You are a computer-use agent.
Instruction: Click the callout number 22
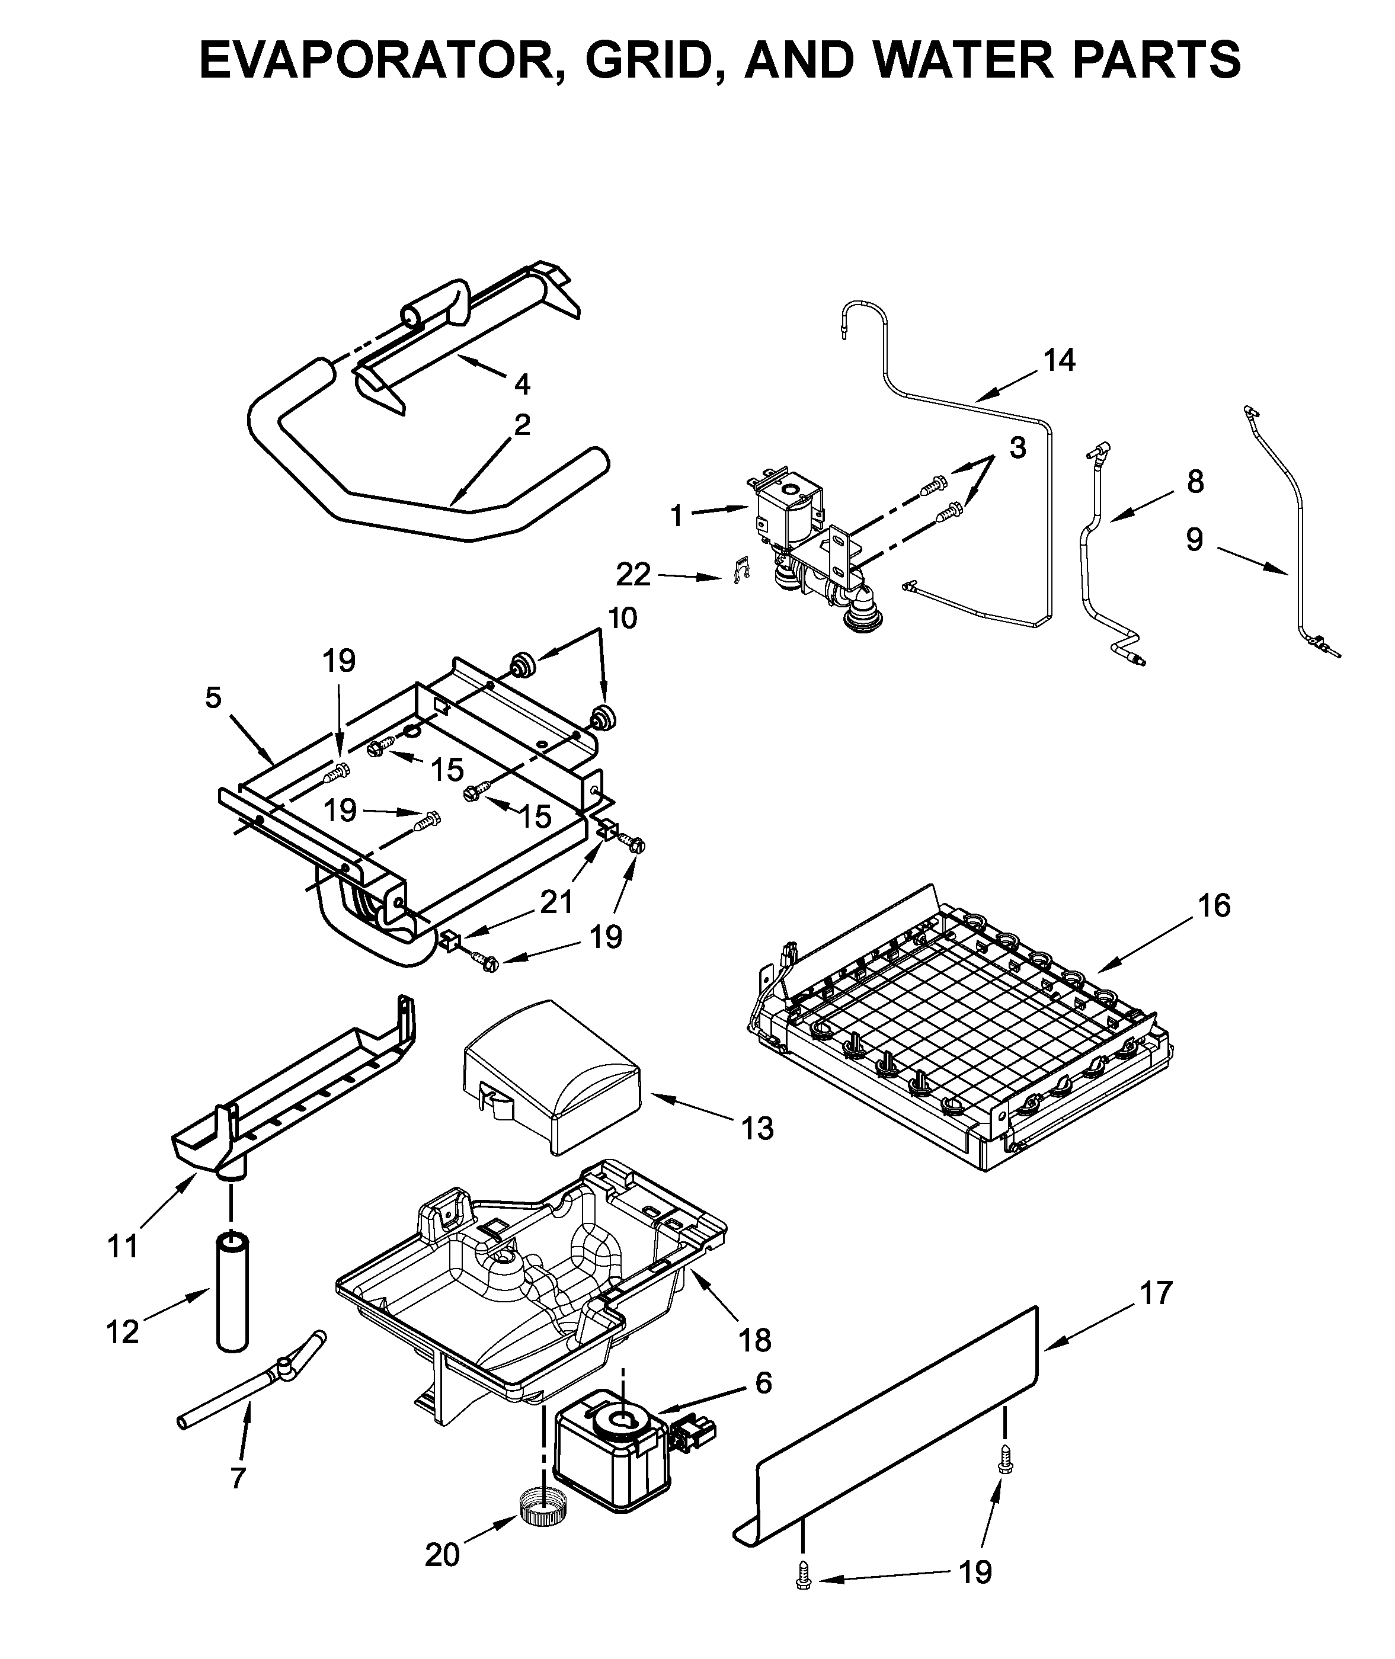click(633, 575)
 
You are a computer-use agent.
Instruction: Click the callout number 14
click(1059, 361)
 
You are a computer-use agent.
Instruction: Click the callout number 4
click(522, 385)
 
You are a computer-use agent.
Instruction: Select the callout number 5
click(213, 698)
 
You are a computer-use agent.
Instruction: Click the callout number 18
click(755, 1340)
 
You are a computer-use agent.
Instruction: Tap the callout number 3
click(1017, 447)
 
